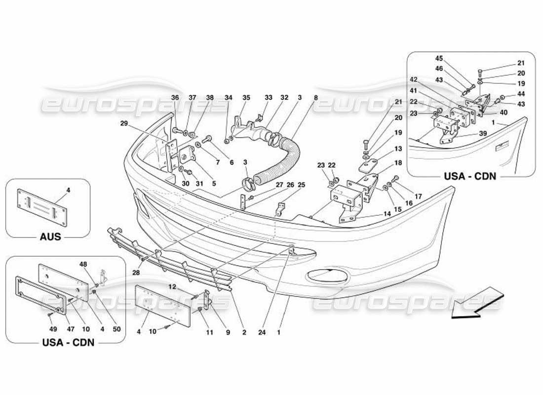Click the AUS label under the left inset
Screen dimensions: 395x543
click(x=50, y=237)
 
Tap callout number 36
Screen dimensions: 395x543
click(x=175, y=98)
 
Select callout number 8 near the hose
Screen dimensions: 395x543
click(x=315, y=98)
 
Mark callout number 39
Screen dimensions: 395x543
click(x=483, y=134)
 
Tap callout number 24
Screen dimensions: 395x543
click(x=262, y=333)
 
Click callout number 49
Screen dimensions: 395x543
click(x=54, y=329)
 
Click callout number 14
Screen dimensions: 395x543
click(x=387, y=214)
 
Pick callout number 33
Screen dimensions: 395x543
click(x=268, y=98)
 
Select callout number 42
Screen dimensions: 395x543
click(x=413, y=79)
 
